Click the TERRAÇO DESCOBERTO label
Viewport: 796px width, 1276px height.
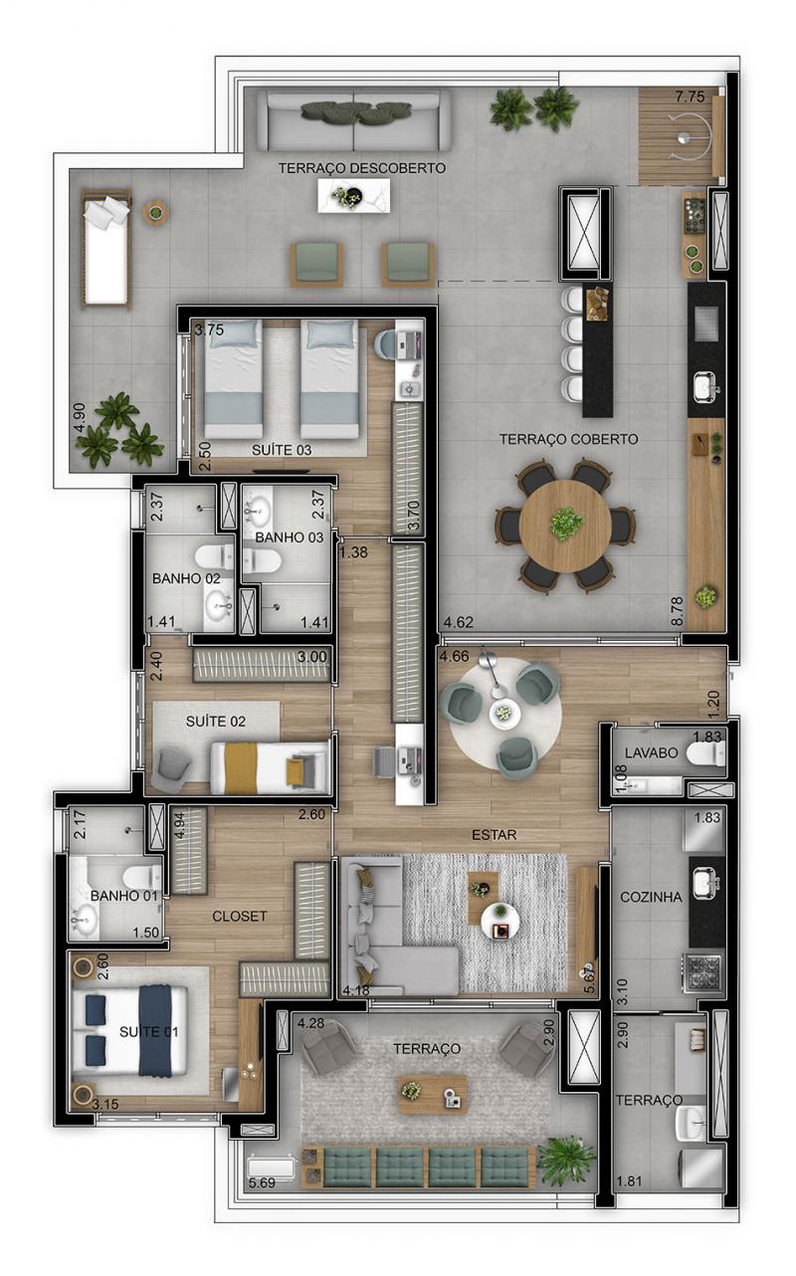tap(361, 168)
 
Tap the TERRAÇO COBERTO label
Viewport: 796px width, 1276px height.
tap(568, 439)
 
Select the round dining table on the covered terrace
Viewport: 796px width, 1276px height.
tap(565, 526)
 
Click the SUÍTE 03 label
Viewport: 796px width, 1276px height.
tap(282, 450)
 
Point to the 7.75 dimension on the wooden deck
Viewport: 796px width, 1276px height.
tap(690, 97)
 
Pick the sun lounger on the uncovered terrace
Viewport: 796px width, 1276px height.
tap(105, 249)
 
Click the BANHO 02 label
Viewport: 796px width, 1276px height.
tap(186, 578)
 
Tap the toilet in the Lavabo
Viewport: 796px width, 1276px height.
tap(705, 753)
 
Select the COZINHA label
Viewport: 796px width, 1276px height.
tap(651, 897)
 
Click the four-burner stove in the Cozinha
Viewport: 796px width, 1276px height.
tap(703, 972)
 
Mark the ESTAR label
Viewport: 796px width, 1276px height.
tap(494, 835)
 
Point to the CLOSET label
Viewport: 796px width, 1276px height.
tap(239, 916)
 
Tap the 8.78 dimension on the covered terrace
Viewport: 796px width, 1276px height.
tap(677, 611)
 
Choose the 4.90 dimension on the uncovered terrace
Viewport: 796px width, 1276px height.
tap(80, 419)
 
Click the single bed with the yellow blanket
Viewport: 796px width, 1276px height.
tap(270, 767)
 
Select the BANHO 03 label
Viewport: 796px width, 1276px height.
tap(290, 537)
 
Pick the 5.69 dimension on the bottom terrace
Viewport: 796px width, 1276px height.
tap(262, 1182)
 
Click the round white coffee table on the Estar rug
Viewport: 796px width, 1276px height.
tap(500, 923)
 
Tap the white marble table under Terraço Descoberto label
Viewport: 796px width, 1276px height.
tap(353, 195)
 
